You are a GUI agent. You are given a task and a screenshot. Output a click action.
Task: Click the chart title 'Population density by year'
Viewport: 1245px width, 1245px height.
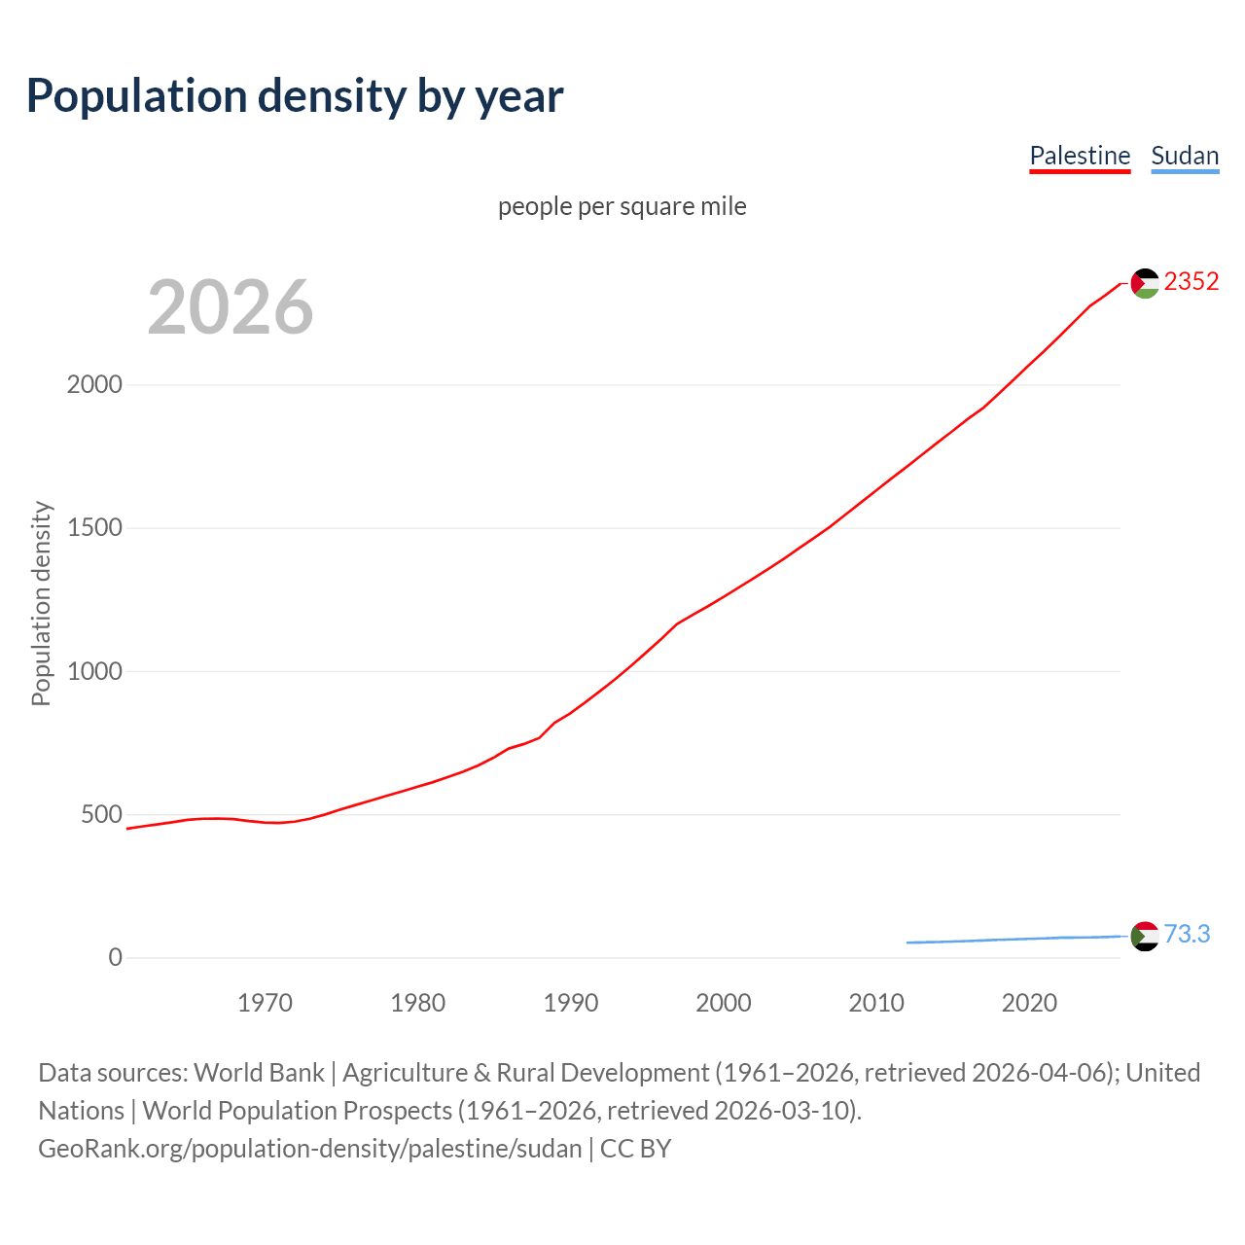point(295,95)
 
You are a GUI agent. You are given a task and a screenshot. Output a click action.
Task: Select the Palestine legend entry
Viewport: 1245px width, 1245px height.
point(1080,156)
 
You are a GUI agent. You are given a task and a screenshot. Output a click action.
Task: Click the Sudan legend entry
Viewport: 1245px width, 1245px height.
point(1185,156)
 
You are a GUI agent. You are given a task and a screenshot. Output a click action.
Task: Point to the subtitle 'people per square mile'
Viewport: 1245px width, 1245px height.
point(622,206)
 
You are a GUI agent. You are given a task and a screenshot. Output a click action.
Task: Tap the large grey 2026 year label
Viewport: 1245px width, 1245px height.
point(231,307)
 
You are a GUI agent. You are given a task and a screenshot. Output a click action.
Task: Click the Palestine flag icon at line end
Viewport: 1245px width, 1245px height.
point(1145,283)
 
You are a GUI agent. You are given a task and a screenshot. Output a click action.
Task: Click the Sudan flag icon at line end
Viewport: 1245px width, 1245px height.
point(1145,936)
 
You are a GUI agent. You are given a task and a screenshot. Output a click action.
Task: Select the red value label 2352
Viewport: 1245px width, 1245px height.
point(1192,281)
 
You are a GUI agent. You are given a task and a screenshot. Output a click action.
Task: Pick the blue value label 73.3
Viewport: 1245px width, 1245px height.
point(1187,934)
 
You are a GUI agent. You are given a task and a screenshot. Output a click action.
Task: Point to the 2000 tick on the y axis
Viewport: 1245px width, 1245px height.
point(94,384)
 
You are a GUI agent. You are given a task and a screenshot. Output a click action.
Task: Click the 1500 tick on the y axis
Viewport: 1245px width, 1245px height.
point(94,527)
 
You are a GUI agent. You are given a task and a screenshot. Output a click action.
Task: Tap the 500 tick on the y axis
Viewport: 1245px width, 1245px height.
point(101,814)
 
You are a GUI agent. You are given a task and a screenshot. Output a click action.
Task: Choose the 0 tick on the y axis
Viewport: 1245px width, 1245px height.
point(116,957)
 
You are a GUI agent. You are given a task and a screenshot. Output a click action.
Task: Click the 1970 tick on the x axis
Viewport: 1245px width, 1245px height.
point(265,1002)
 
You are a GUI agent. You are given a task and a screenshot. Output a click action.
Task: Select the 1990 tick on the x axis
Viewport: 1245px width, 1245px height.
point(571,1002)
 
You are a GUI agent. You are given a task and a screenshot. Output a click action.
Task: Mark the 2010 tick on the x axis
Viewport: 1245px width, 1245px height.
point(876,1002)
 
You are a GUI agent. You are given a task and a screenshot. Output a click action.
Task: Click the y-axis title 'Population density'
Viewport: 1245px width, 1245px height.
point(41,603)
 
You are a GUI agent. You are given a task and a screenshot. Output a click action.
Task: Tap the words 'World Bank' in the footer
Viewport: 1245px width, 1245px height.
point(259,1072)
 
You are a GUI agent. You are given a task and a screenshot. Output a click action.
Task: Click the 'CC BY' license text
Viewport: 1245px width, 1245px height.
point(635,1148)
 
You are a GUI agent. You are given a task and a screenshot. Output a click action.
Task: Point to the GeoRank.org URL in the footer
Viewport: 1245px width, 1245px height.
point(309,1148)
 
